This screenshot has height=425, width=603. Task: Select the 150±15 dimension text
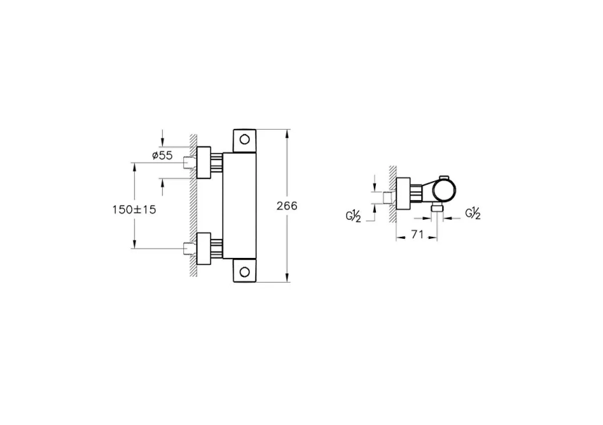click(135, 209)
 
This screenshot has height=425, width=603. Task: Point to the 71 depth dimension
click(417, 235)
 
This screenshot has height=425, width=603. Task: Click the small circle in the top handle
click(245, 139)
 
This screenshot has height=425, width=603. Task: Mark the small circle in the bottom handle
click(245, 271)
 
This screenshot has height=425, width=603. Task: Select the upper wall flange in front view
click(205, 163)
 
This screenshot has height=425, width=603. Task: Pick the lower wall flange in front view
click(205, 248)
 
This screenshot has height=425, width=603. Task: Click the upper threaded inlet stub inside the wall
click(188, 163)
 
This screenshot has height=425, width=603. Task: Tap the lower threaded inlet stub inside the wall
click(188, 248)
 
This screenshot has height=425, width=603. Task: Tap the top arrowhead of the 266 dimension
click(287, 133)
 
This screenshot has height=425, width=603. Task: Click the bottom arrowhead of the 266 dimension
click(287, 278)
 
